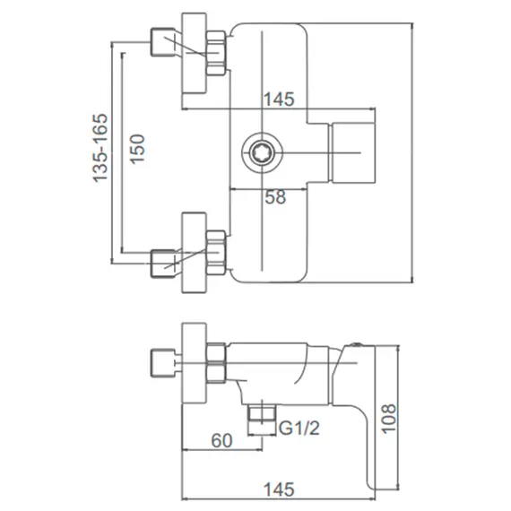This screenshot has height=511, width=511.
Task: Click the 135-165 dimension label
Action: coord(100,149)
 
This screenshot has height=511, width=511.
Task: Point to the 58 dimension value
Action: coord(275,197)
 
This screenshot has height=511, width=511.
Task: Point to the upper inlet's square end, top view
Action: coord(162,41)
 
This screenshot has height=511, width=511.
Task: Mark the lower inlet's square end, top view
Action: coord(162,264)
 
